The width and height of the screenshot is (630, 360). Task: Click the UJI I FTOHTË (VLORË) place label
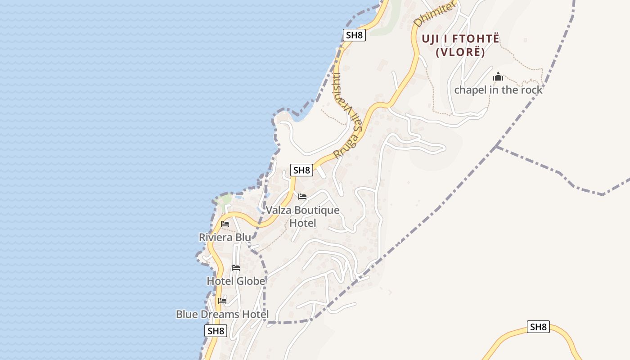460,45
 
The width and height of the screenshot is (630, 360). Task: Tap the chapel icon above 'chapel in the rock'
498,77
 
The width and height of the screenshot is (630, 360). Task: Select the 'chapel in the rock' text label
498,90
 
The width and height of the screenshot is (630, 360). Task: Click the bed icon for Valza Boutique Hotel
302,197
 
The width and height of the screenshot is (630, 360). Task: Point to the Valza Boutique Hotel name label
302,216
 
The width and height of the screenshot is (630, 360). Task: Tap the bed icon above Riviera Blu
225,224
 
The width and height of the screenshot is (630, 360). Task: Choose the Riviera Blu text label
225,237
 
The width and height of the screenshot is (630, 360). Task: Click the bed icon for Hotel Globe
236,268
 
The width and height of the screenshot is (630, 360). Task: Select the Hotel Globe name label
236,281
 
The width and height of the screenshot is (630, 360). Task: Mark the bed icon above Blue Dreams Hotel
222,301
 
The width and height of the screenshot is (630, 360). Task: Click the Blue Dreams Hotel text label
222,314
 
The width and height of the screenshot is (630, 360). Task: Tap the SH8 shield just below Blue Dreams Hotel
216,331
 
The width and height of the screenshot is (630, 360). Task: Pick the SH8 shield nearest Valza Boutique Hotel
301,170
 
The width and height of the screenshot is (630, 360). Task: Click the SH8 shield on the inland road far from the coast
538,327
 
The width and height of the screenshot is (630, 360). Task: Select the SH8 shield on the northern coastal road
354,35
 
